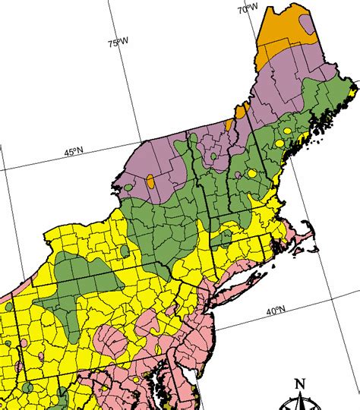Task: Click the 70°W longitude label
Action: pyautogui.click(x=248, y=8)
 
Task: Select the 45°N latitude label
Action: pyautogui.click(x=74, y=152)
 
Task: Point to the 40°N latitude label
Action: pyautogui.click(x=276, y=311)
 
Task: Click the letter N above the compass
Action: pyautogui.click(x=299, y=383)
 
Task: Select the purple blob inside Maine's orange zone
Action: pyautogui.click(x=307, y=24)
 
